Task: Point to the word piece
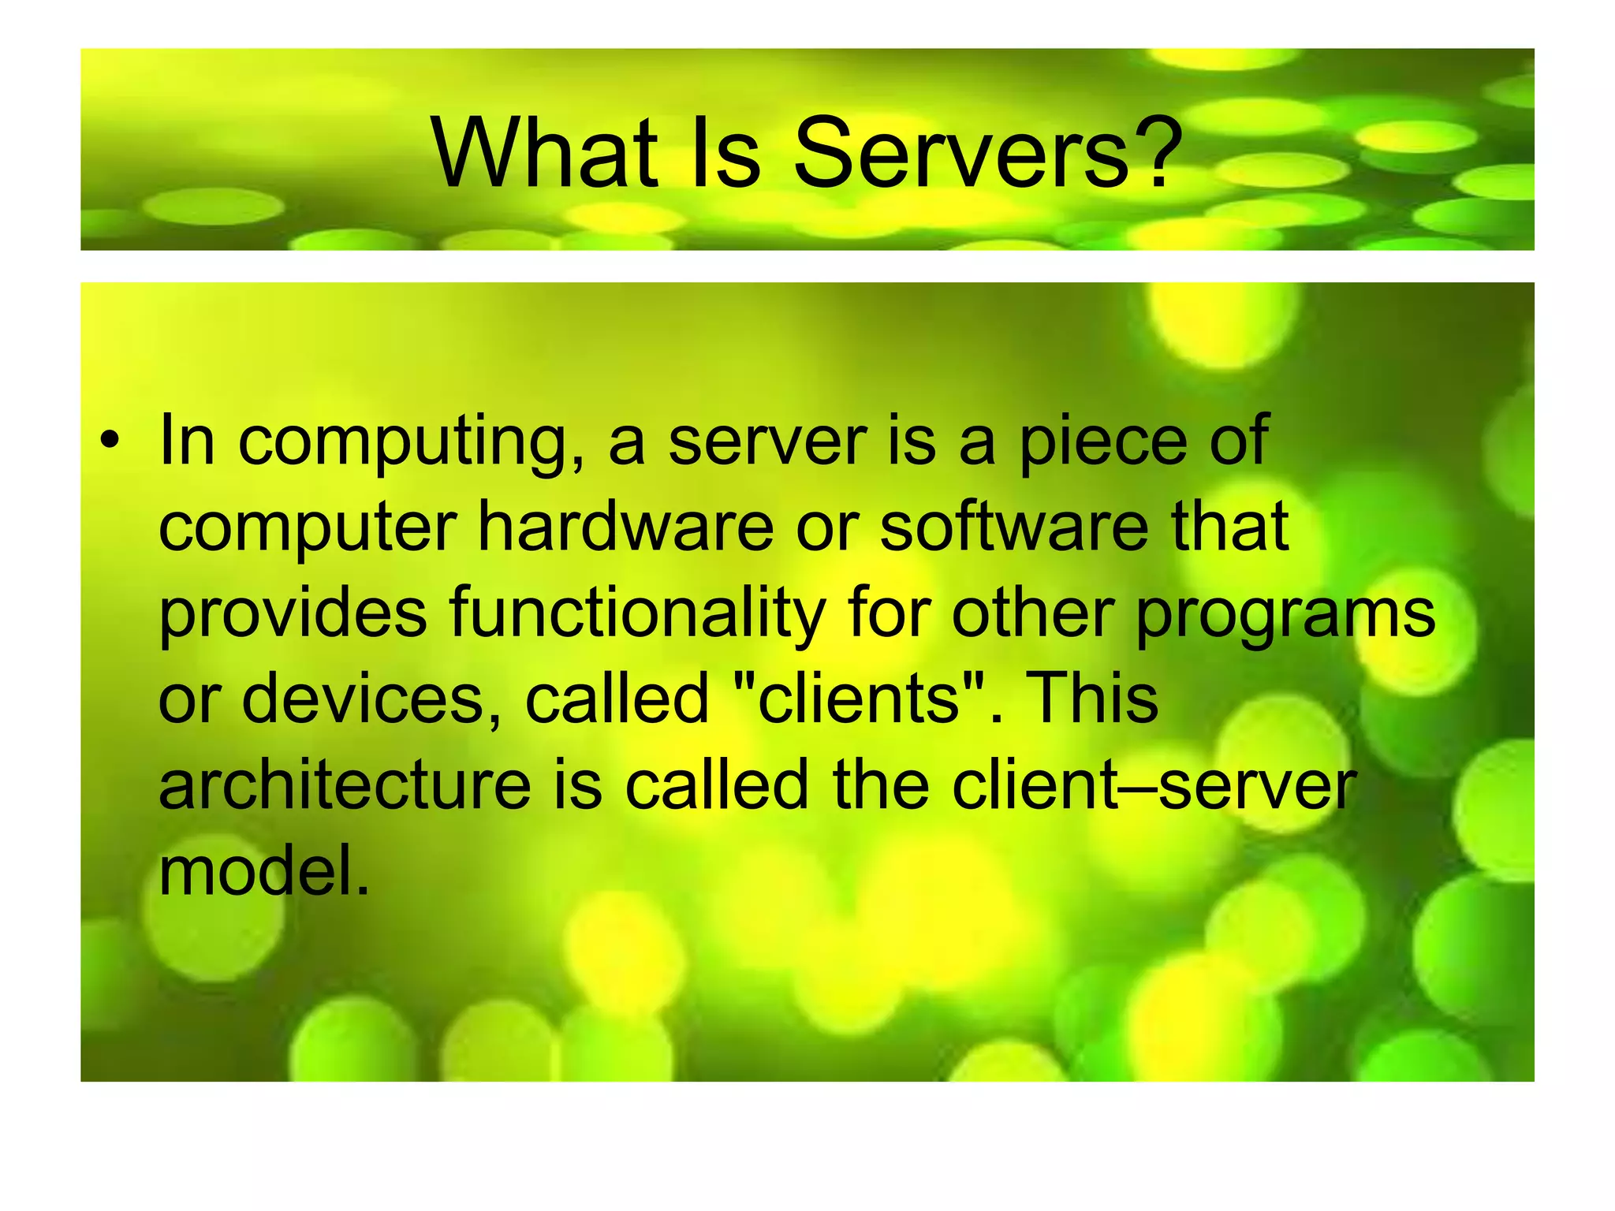click(x=1103, y=443)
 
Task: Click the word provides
click(x=293, y=615)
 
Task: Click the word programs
click(x=1285, y=615)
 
